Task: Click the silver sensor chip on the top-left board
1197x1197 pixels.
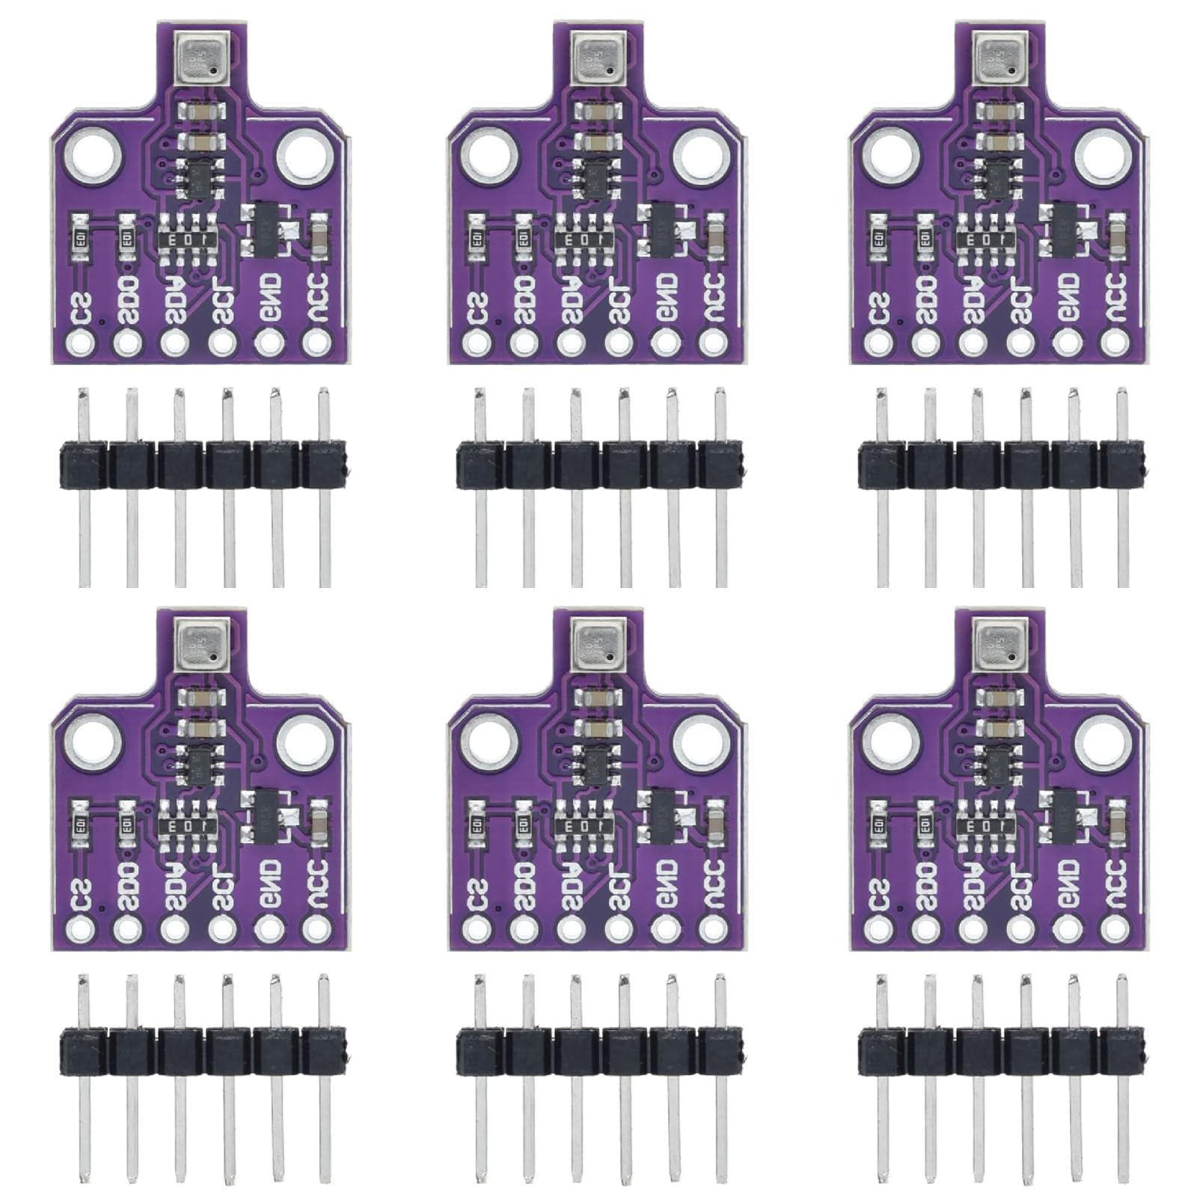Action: [x=200, y=58]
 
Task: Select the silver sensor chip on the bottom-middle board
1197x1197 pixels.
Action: [x=597, y=643]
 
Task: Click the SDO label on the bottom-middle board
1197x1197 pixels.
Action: [x=525, y=886]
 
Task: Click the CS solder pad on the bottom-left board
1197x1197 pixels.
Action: [x=80, y=929]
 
